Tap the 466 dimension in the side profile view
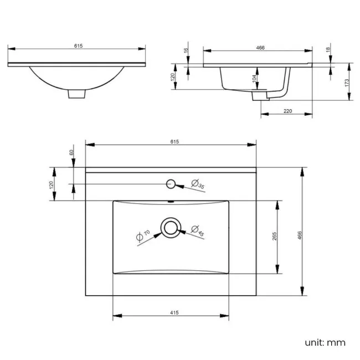pos(260,48)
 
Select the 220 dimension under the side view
pos(288,111)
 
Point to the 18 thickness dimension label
pos(328,50)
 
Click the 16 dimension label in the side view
pos(187,50)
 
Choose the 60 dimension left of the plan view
pos(71,152)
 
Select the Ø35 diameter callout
pos(198,184)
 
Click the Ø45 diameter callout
pos(197,231)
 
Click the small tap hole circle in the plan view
pos(171,184)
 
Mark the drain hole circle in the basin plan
pos(170,227)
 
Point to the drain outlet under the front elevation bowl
pos(78,94)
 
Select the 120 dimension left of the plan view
pos(51,184)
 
